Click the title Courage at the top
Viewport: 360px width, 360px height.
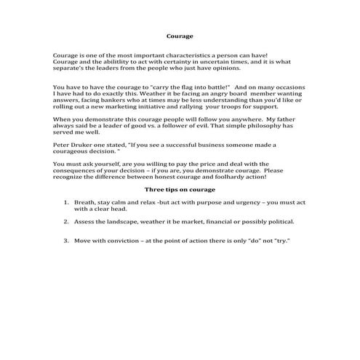tap(180, 35)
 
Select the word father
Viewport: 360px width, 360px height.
tap(291, 119)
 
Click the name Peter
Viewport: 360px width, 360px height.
tap(61, 145)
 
